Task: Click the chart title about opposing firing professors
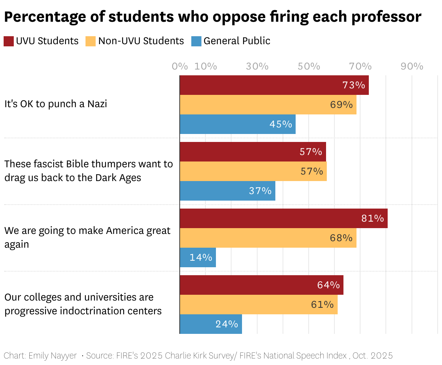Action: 213,17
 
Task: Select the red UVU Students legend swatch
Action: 9,41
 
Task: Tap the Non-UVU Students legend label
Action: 141,41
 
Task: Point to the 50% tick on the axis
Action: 309,66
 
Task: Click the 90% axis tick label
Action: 412,66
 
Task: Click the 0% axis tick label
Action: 180,66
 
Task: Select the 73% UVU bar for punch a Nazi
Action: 274,85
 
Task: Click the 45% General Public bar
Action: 238,124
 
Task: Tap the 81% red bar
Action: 284,218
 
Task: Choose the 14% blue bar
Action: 198,257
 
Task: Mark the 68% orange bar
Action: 268,238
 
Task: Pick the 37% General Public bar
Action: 228,191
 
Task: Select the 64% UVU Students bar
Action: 262,285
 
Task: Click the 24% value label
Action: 227,324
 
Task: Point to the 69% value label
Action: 341,105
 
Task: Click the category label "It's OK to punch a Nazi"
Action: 56,104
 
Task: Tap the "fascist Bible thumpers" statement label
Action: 88,171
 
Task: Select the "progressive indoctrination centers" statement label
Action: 83,304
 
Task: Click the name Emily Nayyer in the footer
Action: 53,356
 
